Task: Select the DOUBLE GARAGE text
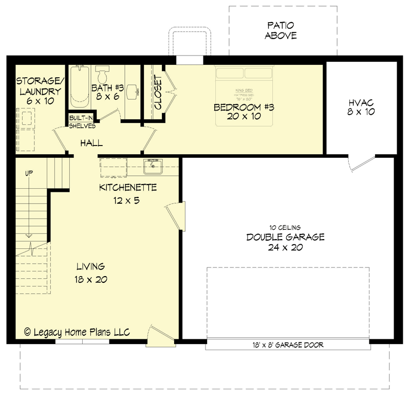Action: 285,237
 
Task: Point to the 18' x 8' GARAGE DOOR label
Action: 288,345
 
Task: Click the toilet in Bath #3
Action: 102,74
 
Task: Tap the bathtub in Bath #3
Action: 80,85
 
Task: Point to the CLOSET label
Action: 158,93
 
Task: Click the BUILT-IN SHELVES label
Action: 82,122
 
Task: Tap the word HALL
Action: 91,143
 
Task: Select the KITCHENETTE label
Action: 127,188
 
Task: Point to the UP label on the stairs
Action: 28,173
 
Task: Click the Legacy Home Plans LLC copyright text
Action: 77,332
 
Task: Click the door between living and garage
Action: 175,215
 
